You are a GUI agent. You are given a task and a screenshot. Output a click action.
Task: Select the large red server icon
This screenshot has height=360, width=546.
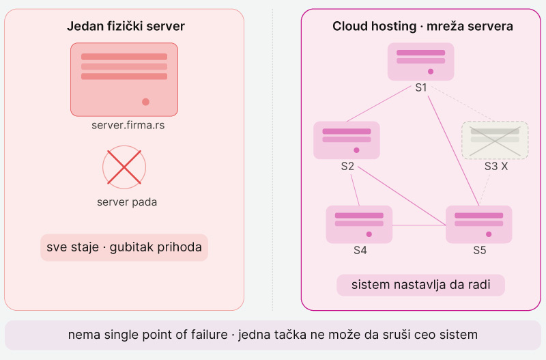click(x=124, y=79)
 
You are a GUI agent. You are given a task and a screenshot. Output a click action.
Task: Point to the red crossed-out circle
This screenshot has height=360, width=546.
click(x=124, y=167)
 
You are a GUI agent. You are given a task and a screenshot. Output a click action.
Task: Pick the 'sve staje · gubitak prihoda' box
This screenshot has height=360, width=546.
click(x=124, y=247)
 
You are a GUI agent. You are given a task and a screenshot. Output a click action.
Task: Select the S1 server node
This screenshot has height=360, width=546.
click(x=420, y=61)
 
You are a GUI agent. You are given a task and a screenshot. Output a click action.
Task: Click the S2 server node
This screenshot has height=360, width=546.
click(x=347, y=140)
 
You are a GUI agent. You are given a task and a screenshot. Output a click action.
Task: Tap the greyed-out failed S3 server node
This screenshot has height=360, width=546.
click(x=495, y=139)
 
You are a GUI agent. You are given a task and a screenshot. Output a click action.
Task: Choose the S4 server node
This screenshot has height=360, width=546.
click(x=359, y=224)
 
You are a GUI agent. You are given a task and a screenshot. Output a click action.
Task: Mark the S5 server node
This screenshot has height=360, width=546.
click(x=478, y=224)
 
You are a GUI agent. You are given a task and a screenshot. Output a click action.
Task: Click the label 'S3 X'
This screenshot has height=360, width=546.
click(x=496, y=166)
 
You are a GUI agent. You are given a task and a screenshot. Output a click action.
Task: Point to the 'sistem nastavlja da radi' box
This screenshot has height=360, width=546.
click(x=420, y=285)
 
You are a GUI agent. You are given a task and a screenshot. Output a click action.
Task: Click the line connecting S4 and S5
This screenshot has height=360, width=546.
click(x=419, y=225)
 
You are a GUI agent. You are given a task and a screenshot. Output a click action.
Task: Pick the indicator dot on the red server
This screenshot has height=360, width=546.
click(x=145, y=102)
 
